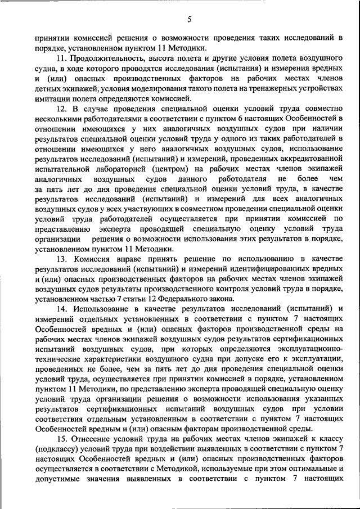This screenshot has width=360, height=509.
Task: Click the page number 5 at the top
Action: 190,20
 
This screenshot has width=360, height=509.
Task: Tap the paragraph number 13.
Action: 61,259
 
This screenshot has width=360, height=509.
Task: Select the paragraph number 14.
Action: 61,308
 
